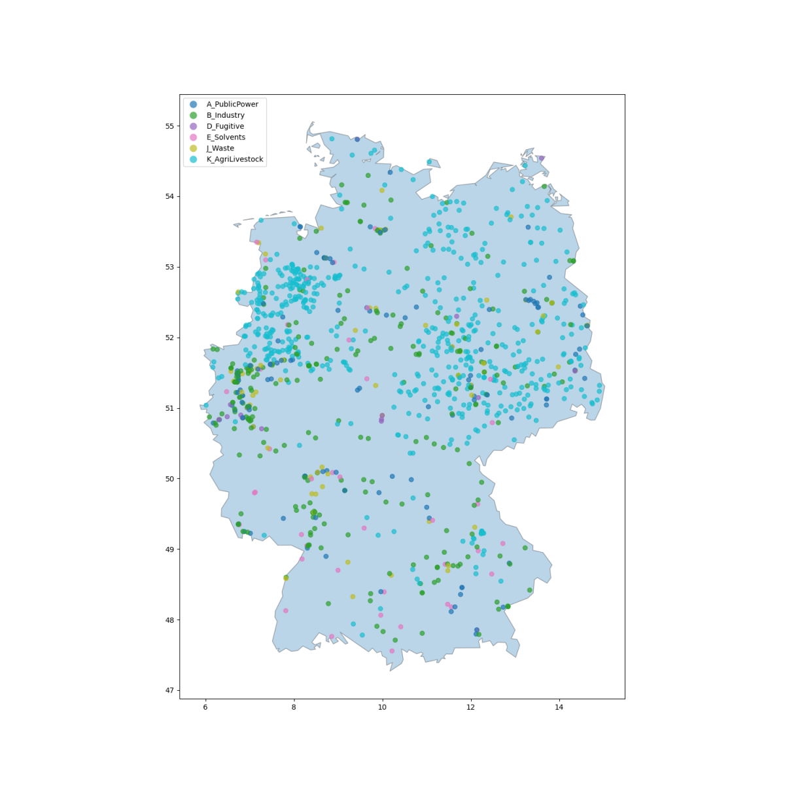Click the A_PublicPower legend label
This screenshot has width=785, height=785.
[232, 104]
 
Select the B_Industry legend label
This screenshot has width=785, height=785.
[226, 115]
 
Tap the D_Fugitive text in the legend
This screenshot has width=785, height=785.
[225, 126]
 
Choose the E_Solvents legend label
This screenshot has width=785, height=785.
[226, 137]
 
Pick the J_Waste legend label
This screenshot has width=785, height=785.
[220, 148]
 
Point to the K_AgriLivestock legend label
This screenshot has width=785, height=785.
[235, 160]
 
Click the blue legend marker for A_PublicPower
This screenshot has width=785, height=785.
[193, 104]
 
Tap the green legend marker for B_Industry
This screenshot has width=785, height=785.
[193, 115]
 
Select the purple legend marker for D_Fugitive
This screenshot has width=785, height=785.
[193, 126]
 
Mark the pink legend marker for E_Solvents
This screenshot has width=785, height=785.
[193, 137]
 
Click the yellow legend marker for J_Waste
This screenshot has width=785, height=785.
[193, 148]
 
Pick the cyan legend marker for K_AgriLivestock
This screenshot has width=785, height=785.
[193, 160]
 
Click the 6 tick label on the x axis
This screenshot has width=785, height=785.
[205, 708]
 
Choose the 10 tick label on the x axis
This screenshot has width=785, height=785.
[382, 708]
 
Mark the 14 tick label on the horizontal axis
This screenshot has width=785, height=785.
[559, 708]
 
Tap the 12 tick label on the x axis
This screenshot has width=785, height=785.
[470, 708]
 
